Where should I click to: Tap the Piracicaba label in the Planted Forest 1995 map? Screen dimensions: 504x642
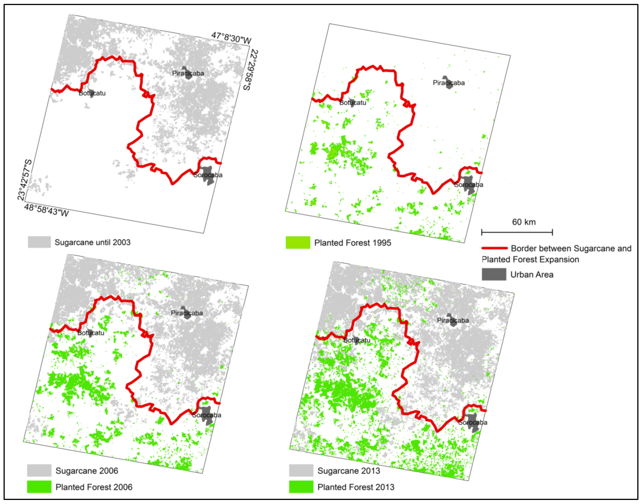click(449, 83)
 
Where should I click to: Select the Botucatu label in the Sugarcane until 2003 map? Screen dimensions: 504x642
click(92, 93)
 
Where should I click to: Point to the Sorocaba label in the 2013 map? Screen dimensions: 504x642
click(473, 423)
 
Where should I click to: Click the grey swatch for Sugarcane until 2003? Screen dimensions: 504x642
click(39, 242)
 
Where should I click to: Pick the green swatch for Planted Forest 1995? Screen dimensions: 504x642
click(298, 243)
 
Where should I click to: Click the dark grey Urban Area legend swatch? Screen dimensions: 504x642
click(494, 274)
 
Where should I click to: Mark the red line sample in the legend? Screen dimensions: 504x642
click(494, 248)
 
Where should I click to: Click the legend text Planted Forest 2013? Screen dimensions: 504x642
click(356, 487)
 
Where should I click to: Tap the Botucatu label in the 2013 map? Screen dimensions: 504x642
click(357, 340)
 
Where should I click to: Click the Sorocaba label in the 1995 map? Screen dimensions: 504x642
click(469, 185)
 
